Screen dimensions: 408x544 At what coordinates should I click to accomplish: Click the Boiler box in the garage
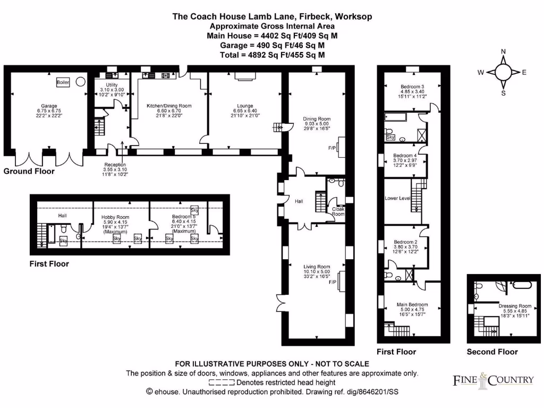click(63, 83)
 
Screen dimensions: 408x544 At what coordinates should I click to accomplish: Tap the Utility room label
click(112, 84)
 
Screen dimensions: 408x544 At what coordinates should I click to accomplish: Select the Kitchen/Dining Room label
click(169, 106)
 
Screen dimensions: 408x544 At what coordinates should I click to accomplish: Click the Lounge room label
click(245, 106)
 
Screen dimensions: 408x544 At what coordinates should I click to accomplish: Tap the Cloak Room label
click(338, 212)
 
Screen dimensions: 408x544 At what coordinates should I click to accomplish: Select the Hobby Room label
click(115, 217)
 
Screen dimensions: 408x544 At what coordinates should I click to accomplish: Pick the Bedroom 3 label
click(412, 87)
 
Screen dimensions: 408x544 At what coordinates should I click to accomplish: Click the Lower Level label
click(398, 198)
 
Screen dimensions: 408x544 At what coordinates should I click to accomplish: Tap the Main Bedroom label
click(412, 304)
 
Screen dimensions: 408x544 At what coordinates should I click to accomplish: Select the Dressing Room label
click(515, 306)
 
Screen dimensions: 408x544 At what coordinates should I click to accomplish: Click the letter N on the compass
click(503, 52)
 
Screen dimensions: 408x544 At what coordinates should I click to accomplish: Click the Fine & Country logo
click(493, 379)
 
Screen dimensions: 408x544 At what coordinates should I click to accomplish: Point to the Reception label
click(115, 165)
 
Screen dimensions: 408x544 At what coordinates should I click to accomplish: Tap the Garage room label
click(49, 106)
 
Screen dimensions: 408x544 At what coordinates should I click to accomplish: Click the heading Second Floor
click(492, 352)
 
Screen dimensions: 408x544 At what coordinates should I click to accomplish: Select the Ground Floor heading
click(29, 172)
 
